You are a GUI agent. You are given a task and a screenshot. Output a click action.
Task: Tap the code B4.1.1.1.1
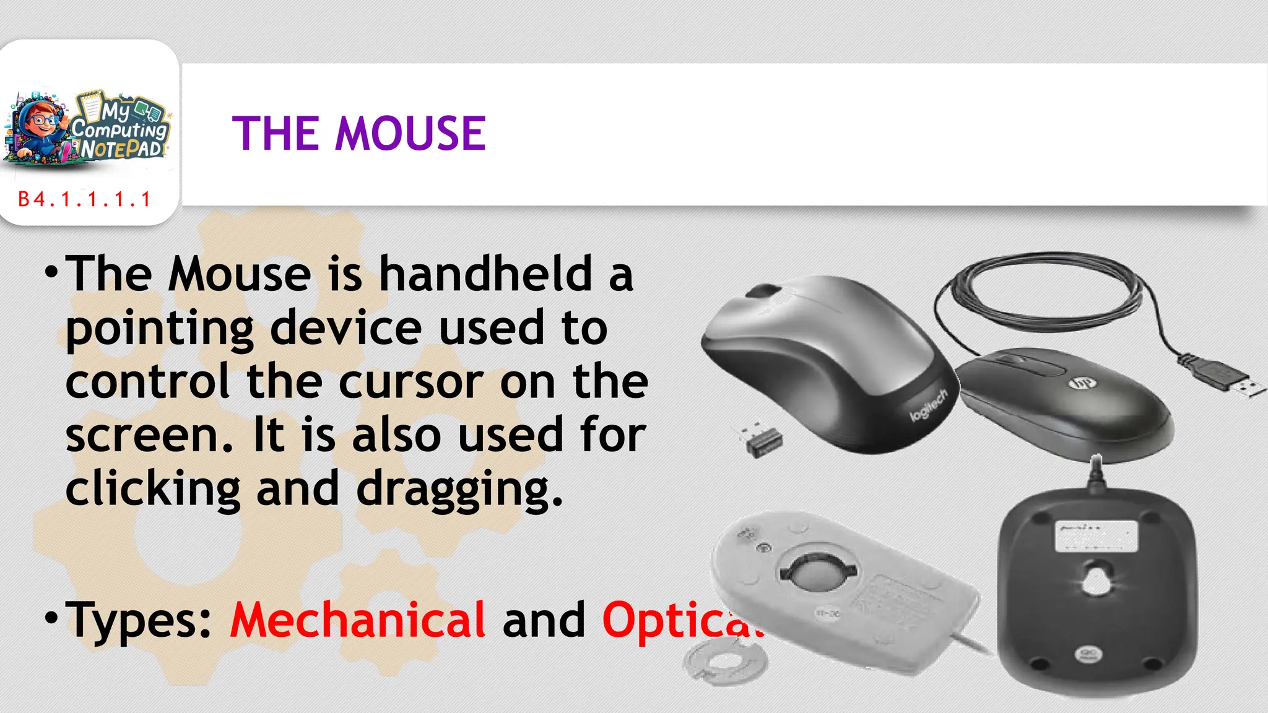coord(85,199)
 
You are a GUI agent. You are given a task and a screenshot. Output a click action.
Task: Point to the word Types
coord(139,620)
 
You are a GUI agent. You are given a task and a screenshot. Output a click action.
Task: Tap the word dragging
coord(459,490)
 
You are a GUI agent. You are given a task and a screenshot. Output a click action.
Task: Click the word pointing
coord(160,328)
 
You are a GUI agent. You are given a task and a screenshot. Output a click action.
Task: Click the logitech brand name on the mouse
coord(928,405)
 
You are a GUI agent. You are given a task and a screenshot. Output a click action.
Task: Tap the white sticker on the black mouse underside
coord(1096,536)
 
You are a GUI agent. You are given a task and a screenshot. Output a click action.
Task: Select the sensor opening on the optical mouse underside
coord(1097,579)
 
